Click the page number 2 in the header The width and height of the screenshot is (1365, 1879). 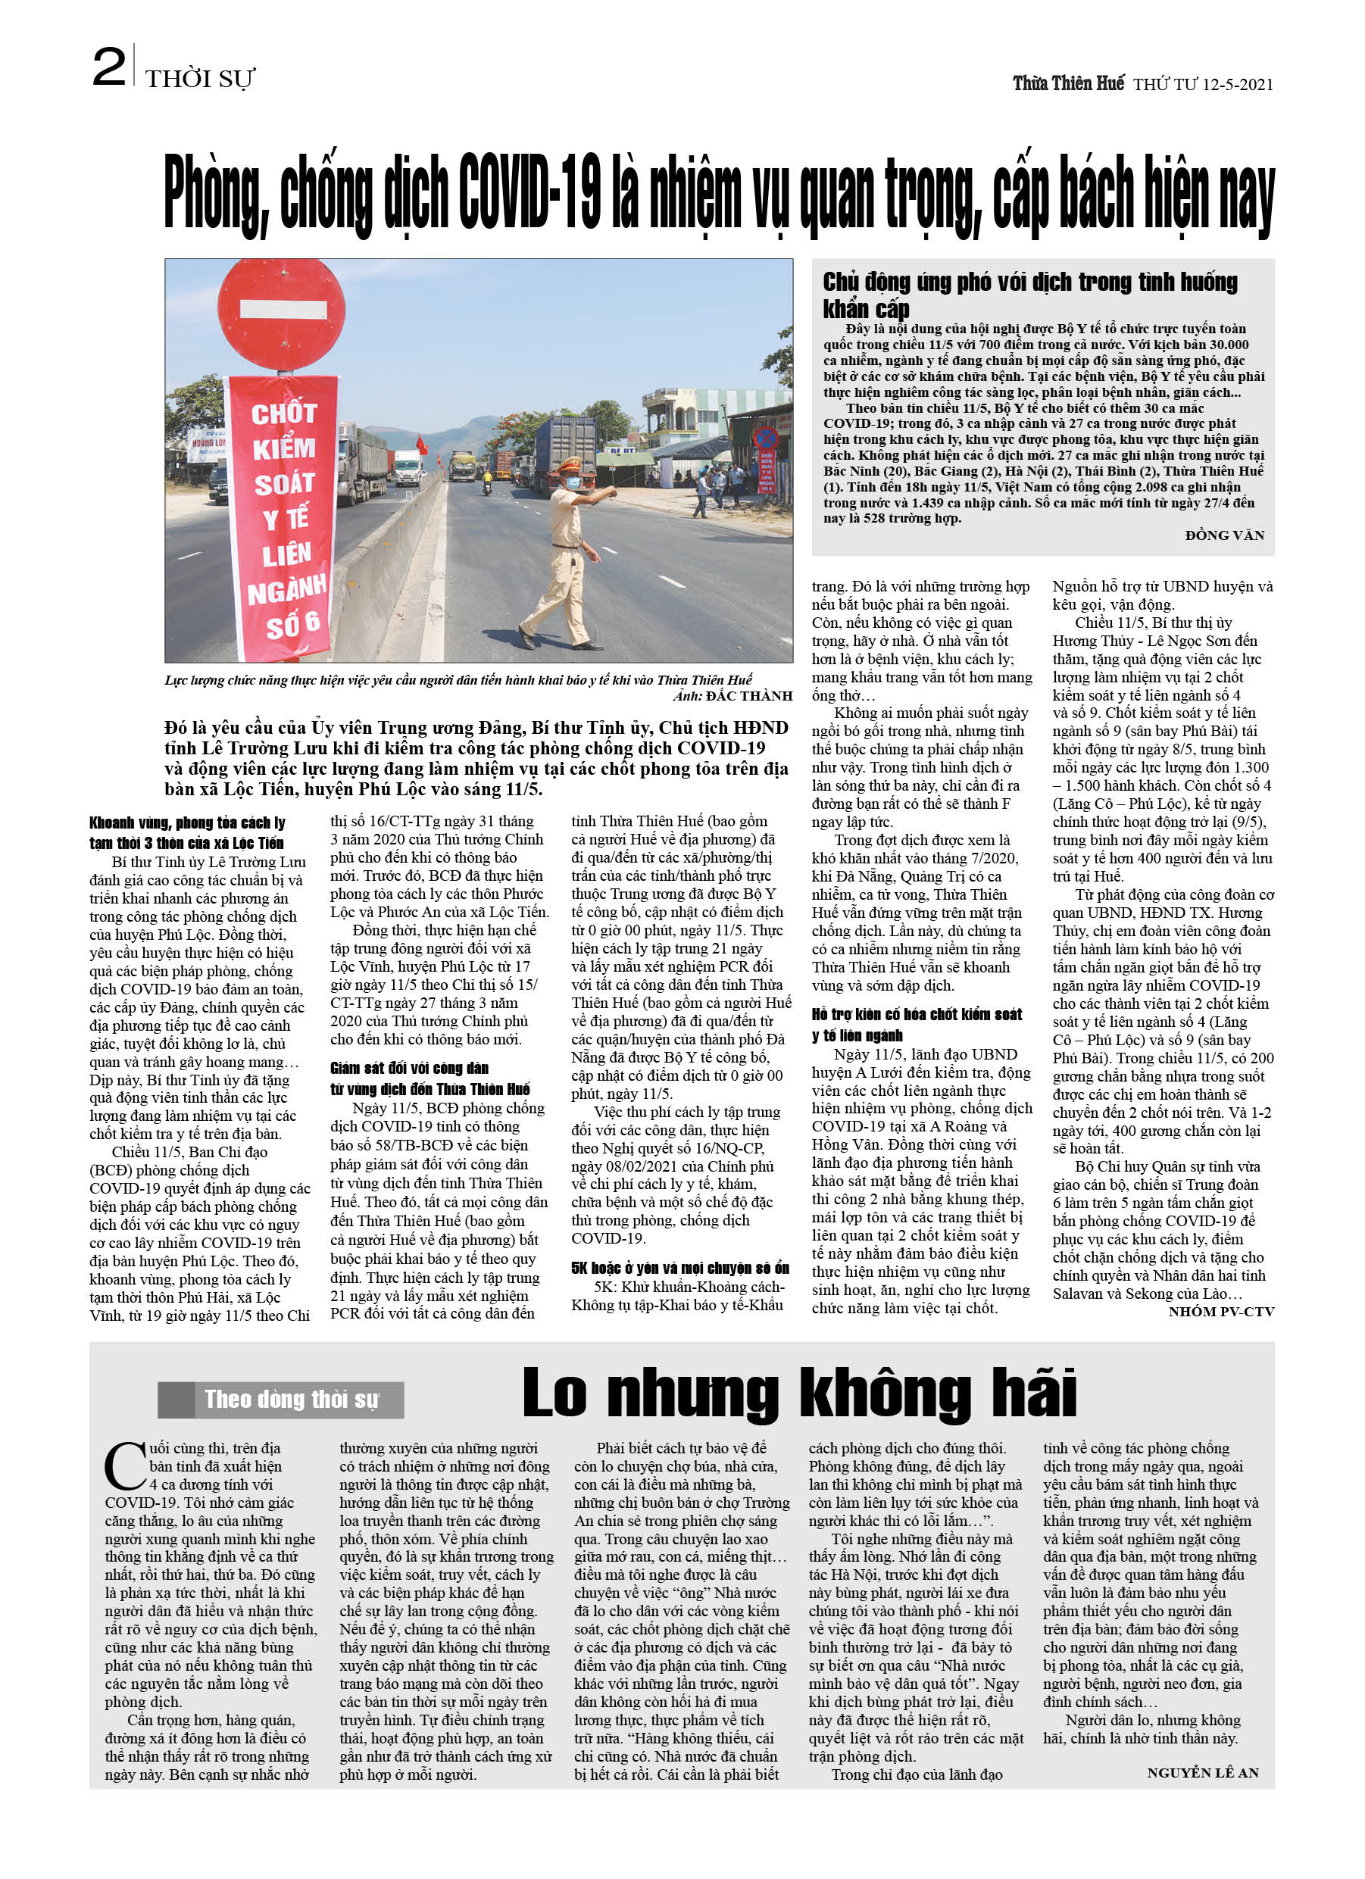click(108, 68)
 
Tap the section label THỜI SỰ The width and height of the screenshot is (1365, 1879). click(200, 80)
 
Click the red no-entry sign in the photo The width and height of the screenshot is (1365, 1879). click(281, 315)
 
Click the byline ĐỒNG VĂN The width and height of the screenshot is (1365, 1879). click(1224, 535)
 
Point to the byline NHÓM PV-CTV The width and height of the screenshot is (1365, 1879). click(1221, 1312)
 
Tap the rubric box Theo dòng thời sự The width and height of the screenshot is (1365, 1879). click(281, 1400)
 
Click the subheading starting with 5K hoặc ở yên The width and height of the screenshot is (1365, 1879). click(679, 1268)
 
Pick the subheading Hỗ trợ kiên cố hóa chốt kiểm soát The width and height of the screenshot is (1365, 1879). click(916, 1024)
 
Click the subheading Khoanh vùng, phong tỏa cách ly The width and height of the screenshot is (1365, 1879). click(187, 832)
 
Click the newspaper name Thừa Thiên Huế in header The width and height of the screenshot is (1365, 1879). click(1068, 83)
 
